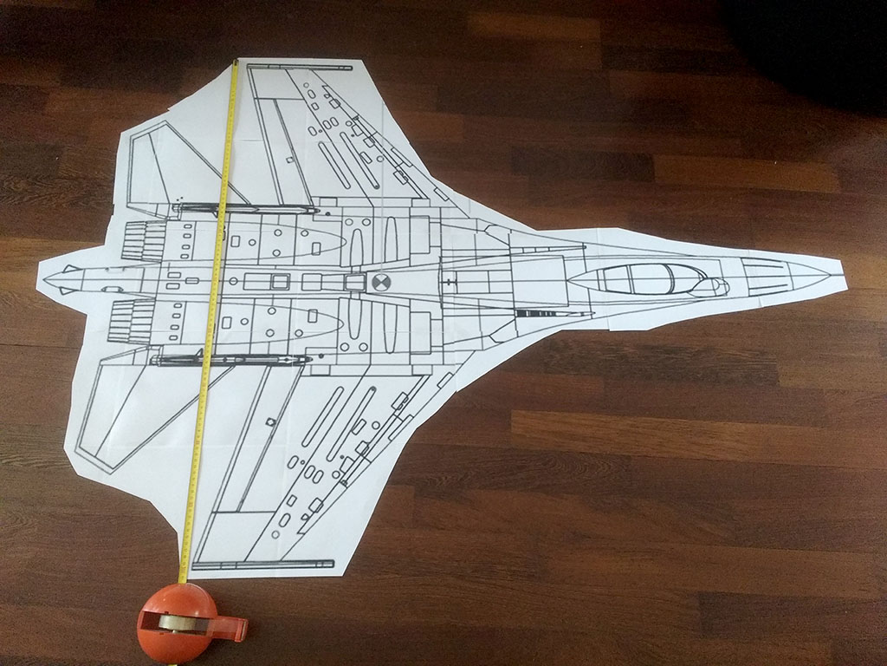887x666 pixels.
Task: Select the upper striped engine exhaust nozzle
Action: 142,240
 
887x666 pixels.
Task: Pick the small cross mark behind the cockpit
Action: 448,281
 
